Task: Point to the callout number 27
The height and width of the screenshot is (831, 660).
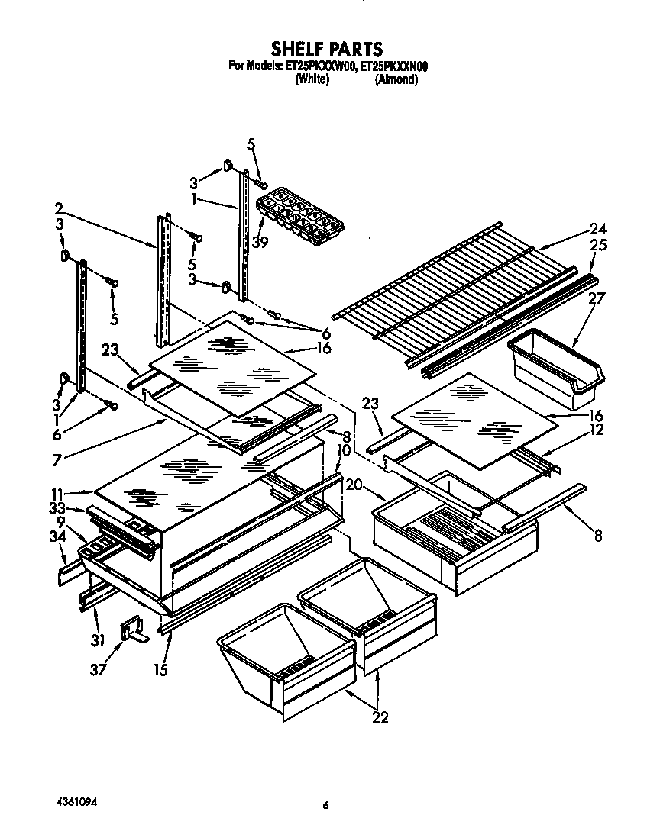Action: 596,298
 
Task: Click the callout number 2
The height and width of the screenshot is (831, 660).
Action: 59,207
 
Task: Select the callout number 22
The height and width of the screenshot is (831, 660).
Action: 380,717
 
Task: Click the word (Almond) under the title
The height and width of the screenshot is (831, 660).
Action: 396,79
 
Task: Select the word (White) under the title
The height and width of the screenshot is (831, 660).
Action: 312,79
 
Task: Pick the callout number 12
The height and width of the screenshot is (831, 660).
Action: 597,430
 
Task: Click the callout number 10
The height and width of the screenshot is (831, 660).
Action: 343,450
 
